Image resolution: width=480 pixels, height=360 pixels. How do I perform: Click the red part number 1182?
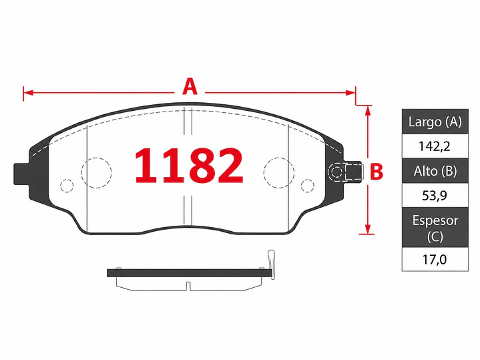(189, 166)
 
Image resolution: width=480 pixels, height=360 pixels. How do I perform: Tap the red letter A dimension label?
(190, 87)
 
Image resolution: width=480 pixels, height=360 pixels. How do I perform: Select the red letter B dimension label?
(377, 172)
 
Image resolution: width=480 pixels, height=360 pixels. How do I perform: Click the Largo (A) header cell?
(435, 122)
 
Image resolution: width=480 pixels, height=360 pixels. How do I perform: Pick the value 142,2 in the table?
(435, 146)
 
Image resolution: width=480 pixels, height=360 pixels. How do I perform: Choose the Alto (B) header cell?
(435, 171)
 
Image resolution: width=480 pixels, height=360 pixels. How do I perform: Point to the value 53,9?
(435, 195)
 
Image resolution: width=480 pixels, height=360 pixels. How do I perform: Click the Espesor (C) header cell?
(435, 227)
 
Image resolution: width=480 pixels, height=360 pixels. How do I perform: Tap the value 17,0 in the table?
(435, 260)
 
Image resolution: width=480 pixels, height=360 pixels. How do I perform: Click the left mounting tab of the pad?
(21, 174)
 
